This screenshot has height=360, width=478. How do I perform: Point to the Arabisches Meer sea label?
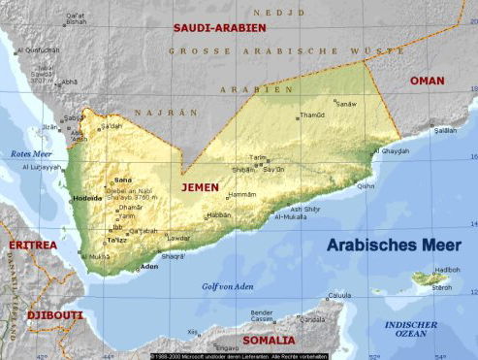pyautogui.click(x=393, y=245)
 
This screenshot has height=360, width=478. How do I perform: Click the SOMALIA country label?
pyautogui.click(x=270, y=340)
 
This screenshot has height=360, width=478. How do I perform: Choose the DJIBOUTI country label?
pyautogui.click(x=42, y=315)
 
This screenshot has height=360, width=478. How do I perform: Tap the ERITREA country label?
pyautogui.click(x=32, y=245)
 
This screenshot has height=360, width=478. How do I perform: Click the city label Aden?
pyautogui.click(x=148, y=266)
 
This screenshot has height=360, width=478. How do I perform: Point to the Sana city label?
pyautogui.click(x=122, y=180)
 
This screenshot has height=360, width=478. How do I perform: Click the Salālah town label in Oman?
pyautogui.click(x=445, y=129)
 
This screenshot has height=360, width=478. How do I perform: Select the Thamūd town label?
pyautogui.click(x=311, y=115)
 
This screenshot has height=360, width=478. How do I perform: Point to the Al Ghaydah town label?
pyautogui.click(x=390, y=150)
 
